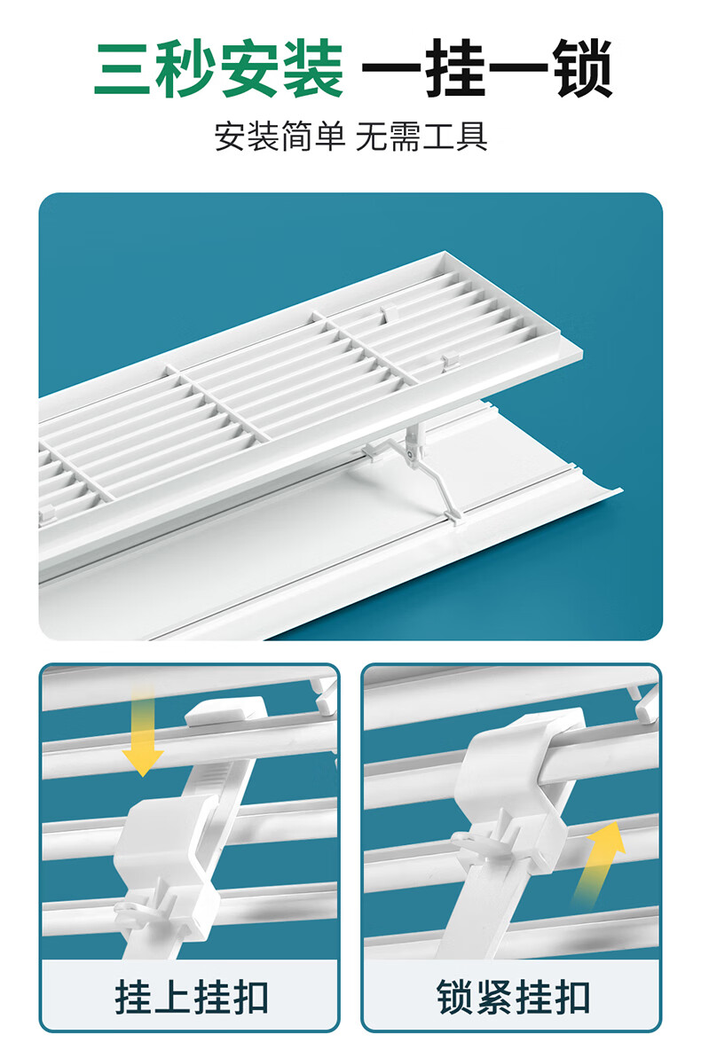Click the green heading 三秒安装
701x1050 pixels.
(218, 69)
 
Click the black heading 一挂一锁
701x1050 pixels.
(487, 69)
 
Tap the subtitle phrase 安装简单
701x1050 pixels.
(280, 137)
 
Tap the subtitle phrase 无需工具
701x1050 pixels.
(421, 137)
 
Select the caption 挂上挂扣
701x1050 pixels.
(192, 998)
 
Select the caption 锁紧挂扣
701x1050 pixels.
(513, 998)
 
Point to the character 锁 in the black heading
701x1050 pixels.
(582, 69)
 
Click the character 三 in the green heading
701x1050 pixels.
(124, 69)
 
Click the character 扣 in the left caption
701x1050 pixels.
(250, 998)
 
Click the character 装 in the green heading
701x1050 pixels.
(312, 69)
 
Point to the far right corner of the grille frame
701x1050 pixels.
(582, 350)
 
